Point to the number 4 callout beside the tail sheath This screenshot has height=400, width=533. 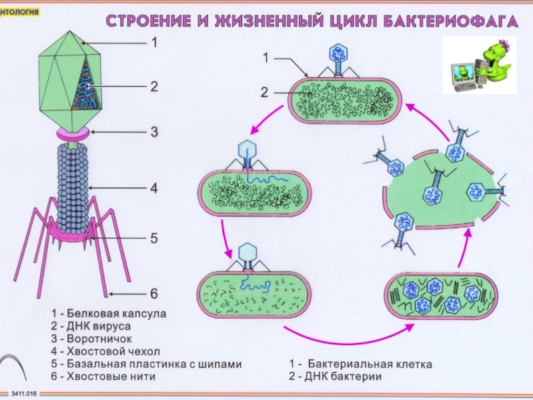153,189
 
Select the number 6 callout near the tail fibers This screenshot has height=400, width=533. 153,293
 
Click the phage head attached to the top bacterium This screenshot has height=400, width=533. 340,53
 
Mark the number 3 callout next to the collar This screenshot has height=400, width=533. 153,131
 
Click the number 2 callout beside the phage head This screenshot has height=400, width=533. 153,87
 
